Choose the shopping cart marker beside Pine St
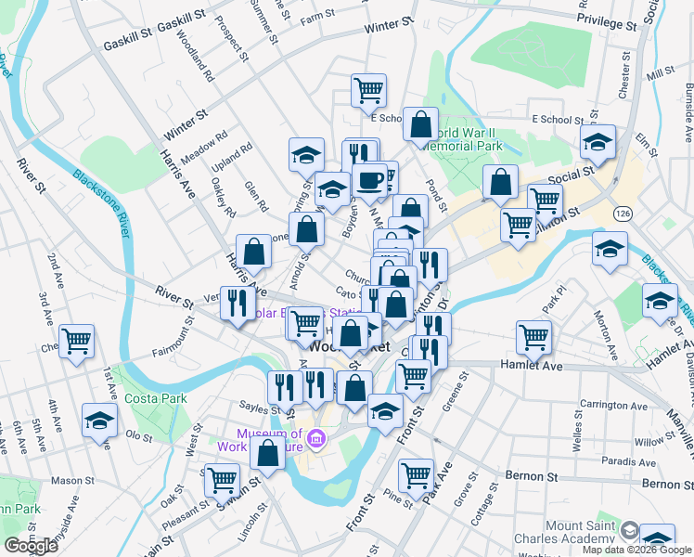pyautogui.click(x=416, y=475)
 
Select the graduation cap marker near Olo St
pyautogui.click(x=99, y=419)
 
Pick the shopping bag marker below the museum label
pyautogui.click(x=268, y=455)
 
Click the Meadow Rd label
pyautogui.click(x=203, y=148)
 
